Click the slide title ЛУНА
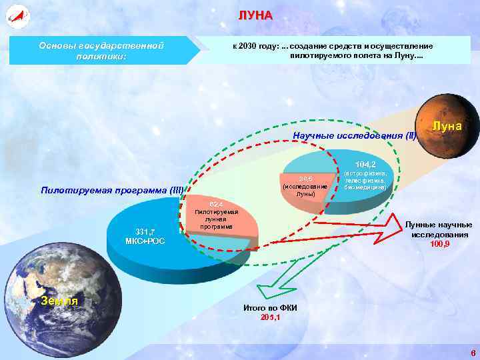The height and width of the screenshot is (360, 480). (x=256, y=15)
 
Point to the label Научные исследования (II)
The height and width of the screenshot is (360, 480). (x=355, y=136)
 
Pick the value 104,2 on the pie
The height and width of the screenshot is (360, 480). (x=365, y=164)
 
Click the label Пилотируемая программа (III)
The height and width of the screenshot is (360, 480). (x=112, y=191)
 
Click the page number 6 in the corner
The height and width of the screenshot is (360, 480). (x=472, y=353)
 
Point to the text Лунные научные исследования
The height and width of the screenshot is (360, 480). (x=440, y=230)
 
